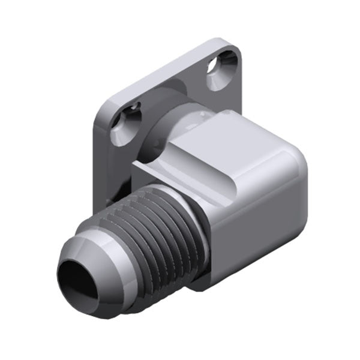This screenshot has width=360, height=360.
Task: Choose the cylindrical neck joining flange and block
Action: (x=180, y=123)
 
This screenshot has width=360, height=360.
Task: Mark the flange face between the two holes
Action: (x=174, y=90)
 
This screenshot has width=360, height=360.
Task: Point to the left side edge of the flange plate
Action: (x=96, y=162)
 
